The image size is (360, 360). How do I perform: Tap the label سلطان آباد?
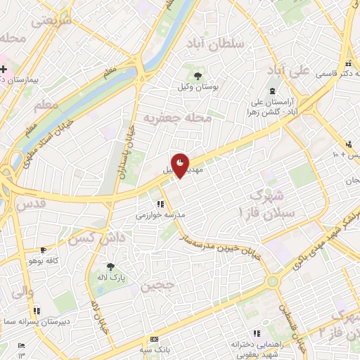tap(214, 44)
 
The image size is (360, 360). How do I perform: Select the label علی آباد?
tap(288, 71)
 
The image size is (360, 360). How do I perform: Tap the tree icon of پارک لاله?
tap(110, 266)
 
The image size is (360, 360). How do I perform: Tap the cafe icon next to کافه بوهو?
tap(44, 250)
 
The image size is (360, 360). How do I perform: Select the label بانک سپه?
tap(155, 348)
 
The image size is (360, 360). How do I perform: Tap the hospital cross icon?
tap(4, 69)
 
